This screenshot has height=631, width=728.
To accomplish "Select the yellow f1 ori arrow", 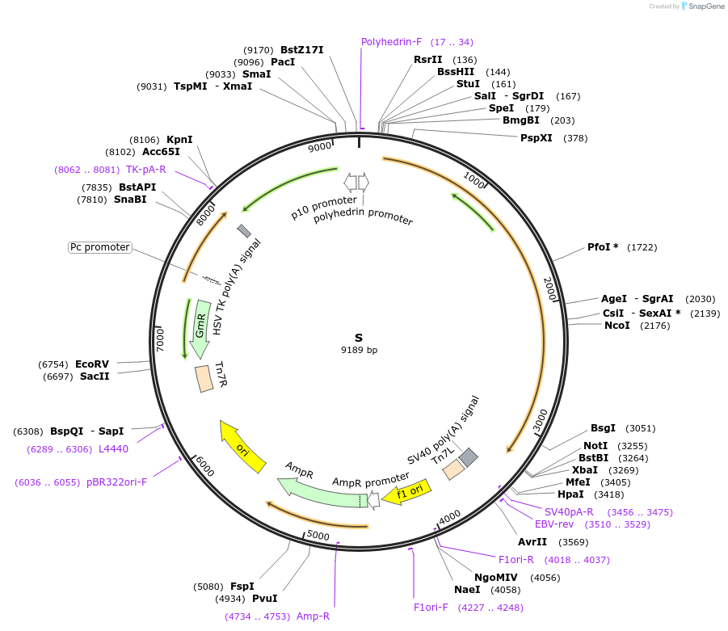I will point(406,492).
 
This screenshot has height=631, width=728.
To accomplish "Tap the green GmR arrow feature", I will point(200,329).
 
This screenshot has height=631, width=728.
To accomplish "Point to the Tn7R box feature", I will point(204,379).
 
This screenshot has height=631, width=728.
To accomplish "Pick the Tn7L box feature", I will point(453,469).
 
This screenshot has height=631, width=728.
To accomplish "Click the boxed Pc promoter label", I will point(99,247).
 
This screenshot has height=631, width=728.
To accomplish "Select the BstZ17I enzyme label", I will point(301,50).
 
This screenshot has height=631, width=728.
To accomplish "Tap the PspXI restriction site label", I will point(537,138).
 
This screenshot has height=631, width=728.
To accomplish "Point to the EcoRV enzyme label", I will point(92,364).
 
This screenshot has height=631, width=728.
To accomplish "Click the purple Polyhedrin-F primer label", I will point(391,42).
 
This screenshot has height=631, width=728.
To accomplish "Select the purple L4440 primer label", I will point(113,449).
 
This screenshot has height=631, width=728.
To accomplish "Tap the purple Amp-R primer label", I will point(313,616).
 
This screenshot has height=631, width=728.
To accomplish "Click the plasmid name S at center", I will point(359,338).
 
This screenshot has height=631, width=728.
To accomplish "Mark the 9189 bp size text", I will point(359,351).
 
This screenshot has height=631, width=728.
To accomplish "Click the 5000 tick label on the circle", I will point(318,535).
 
